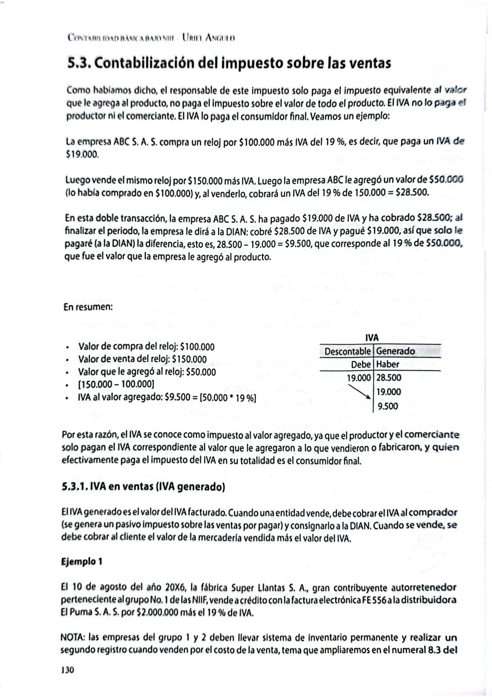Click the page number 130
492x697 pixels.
point(67,670)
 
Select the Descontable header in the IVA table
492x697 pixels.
point(347,351)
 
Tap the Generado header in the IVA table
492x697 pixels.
point(395,351)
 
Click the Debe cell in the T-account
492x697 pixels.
point(362,364)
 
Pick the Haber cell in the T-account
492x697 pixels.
point(388,364)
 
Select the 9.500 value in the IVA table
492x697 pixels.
point(388,406)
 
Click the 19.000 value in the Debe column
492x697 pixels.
point(359,378)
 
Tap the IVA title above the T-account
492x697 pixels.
point(372,338)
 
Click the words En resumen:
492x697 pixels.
point(88,307)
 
